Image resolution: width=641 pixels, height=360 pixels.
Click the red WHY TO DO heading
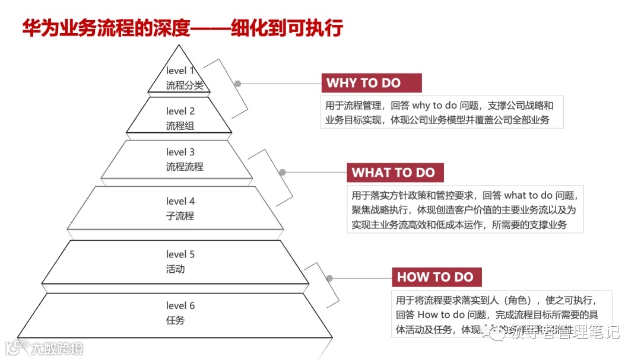(x=363, y=83)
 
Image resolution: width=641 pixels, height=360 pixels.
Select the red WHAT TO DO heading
(x=394, y=173)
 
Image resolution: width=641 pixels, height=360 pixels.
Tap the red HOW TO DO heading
(x=435, y=277)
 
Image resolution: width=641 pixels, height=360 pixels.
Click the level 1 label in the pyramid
(x=180, y=71)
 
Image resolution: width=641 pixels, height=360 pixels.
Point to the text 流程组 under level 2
(x=180, y=126)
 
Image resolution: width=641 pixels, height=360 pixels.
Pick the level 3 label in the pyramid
(x=180, y=152)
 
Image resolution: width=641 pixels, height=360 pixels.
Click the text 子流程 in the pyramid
(x=180, y=216)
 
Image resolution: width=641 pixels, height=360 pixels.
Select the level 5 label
(x=180, y=254)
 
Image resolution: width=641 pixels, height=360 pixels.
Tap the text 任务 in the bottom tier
(x=175, y=320)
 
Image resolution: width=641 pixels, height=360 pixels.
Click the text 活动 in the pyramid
(x=175, y=269)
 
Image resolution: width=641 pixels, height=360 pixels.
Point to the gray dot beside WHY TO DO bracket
(x=237, y=84)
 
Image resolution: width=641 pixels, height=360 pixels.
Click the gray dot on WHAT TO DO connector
(x=283, y=173)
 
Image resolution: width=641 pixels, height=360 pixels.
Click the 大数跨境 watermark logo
(x=45, y=348)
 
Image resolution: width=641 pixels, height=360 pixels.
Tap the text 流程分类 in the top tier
(x=185, y=85)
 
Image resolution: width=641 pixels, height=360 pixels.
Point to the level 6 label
(x=180, y=305)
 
